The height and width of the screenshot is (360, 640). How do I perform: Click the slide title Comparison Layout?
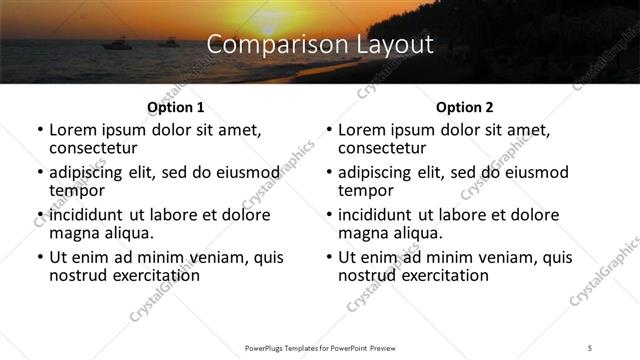[x=319, y=45]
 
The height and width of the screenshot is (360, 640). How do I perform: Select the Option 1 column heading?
[x=175, y=108]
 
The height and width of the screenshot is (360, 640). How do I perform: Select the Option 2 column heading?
[x=464, y=108]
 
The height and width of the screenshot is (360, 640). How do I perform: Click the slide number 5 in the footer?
[x=590, y=347]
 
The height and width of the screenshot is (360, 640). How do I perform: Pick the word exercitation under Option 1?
[x=141, y=274]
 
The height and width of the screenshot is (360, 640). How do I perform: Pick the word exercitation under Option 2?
[x=430, y=274]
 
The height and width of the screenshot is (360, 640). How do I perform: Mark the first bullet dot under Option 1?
[x=39, y=131]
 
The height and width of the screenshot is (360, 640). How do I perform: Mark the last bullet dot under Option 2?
[x=328, y=257]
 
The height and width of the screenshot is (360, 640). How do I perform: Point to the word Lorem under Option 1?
[x=72, y=130]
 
